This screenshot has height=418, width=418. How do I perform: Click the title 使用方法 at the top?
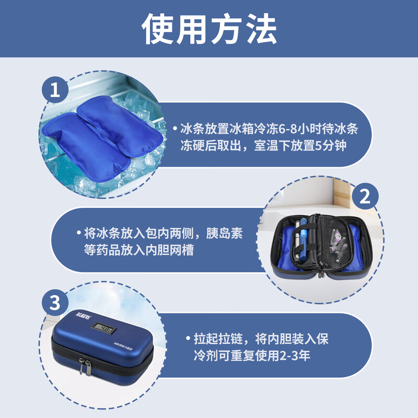coord(209,29)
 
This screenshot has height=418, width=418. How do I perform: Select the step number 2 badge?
coord(364,197)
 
